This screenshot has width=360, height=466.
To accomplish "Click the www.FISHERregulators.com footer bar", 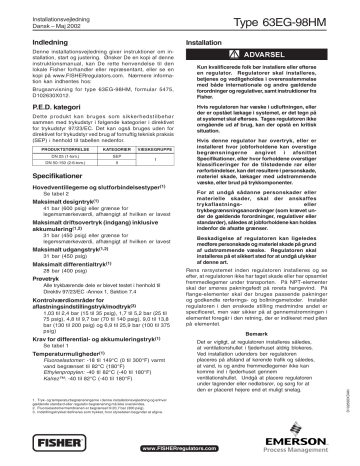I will pyautogui.click(x=178, y=450).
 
